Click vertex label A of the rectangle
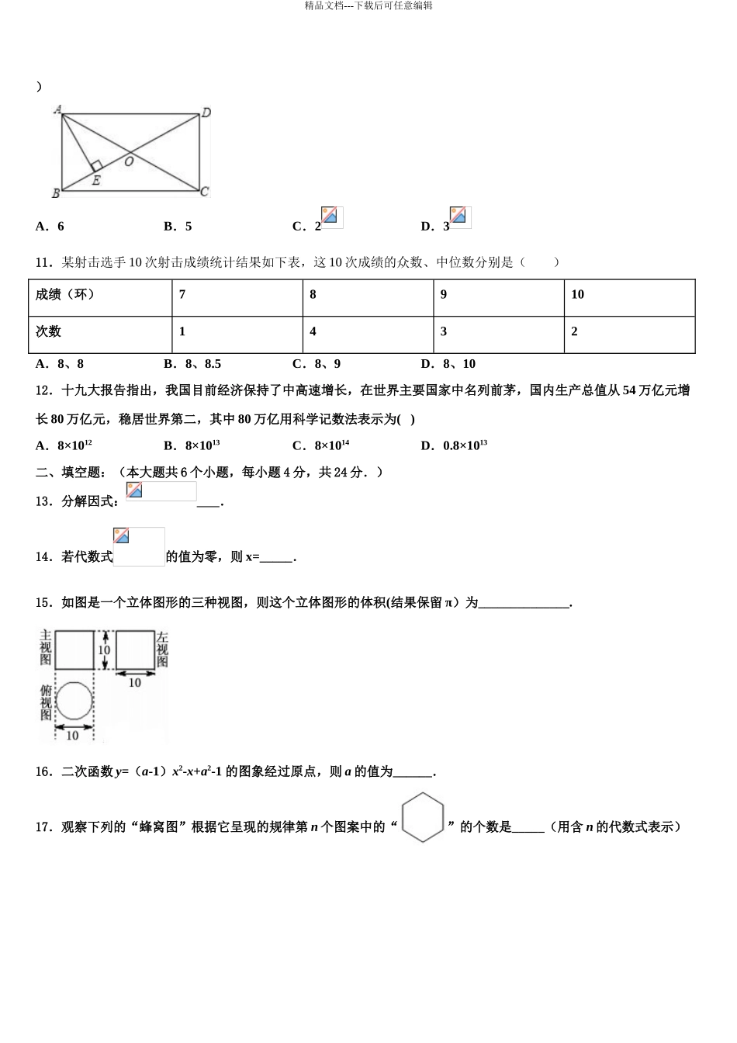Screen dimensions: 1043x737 coord(57,110)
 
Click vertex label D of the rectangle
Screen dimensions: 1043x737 coord(206,113)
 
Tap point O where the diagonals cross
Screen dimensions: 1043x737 coord(129,161)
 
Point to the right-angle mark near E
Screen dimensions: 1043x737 coord(97,166)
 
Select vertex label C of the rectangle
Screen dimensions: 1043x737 coord(205,192)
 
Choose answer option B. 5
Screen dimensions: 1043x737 coord(178,227)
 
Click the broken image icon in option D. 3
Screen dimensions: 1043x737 coord(460,217)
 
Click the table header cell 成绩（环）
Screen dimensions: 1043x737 coord(65,295)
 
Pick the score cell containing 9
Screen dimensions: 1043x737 coord(444,295)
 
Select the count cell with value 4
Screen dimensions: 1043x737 coord(313,331)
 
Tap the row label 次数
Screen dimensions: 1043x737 coord(48,331)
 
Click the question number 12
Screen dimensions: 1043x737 coord(43,390)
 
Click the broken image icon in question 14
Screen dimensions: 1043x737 coord(121,535)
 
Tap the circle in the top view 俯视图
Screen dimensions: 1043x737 coord(74,702)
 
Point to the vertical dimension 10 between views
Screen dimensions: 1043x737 coord(104,650)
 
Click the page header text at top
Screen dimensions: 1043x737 coord(368,5)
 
